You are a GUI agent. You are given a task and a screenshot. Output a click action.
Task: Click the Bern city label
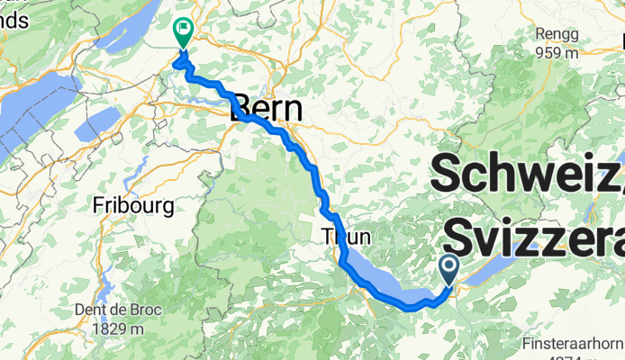tap(267, 109)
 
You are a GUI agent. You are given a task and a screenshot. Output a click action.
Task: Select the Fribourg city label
tap(133, 205)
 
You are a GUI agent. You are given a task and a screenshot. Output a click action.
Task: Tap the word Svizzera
tap(533, 236)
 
